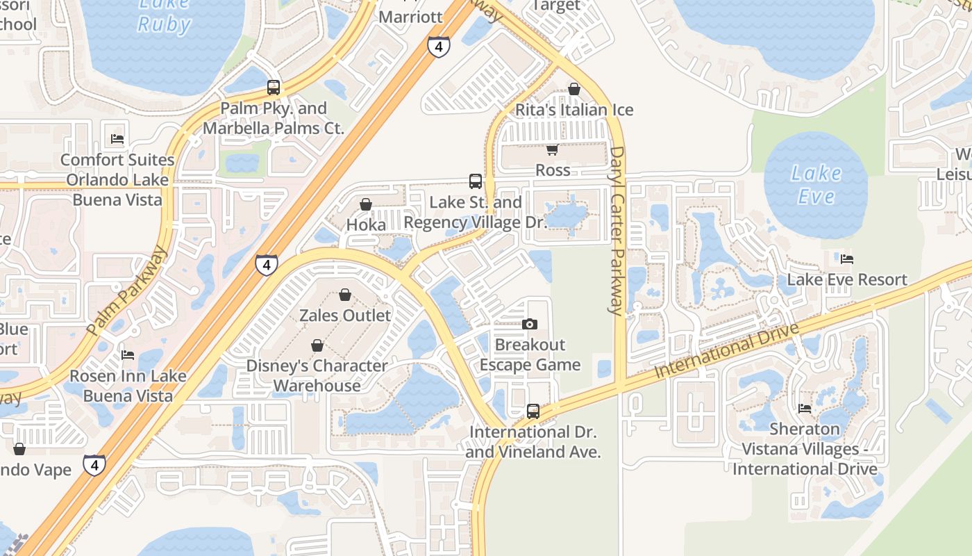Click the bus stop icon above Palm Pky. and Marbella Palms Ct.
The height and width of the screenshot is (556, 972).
point(274,88)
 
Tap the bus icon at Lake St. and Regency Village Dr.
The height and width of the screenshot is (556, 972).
point(476,181)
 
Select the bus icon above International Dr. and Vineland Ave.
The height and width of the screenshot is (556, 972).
point(533,411)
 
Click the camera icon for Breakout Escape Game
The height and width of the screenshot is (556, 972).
point(530,324)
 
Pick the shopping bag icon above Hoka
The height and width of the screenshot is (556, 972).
point(366,204)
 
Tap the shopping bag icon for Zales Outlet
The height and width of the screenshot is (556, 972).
point(345,295)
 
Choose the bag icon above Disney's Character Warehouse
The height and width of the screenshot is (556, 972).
point(317,345)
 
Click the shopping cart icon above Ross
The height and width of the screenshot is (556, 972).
point(553,149)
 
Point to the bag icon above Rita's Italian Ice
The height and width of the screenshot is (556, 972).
point(574,89)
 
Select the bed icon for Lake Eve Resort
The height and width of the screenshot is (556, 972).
point(847,259)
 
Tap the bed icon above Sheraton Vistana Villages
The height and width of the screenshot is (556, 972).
point(805,408)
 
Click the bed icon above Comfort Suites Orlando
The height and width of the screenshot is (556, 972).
point(117,138)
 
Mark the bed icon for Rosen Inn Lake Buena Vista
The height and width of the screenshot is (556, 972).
point(128,355)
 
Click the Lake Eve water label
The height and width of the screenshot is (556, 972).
point(816,184)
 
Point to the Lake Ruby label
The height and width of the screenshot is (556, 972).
point(164,15)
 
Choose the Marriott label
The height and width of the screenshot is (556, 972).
point(411,17)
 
